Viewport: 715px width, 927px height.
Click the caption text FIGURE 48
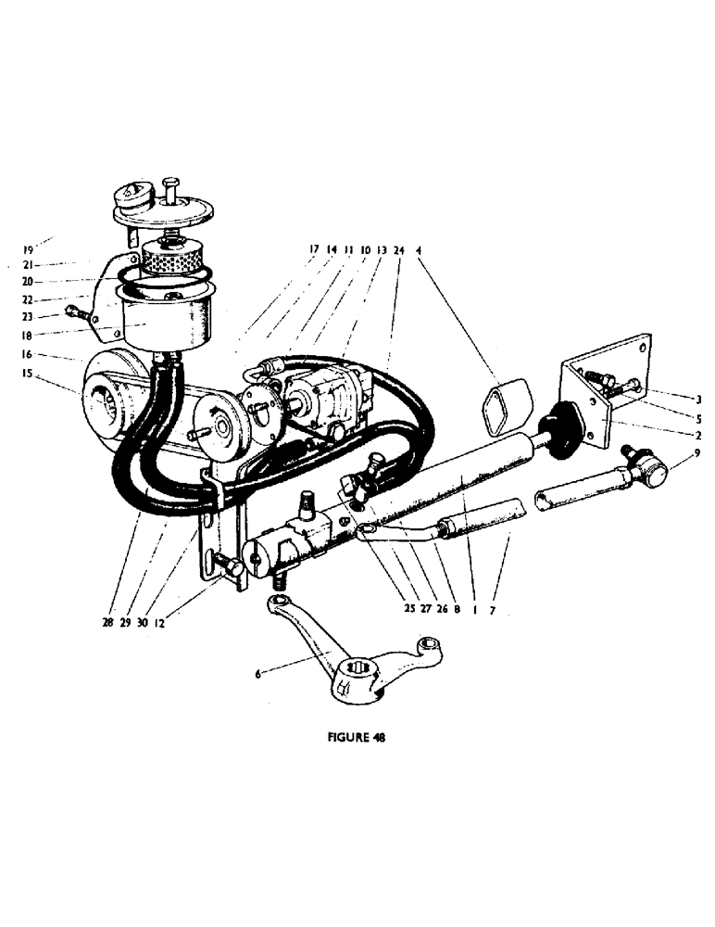click(x=357, y=739)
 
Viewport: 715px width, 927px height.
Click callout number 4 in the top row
click(x=419, y=249)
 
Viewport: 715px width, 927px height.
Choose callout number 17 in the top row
click(x=315, y=249)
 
